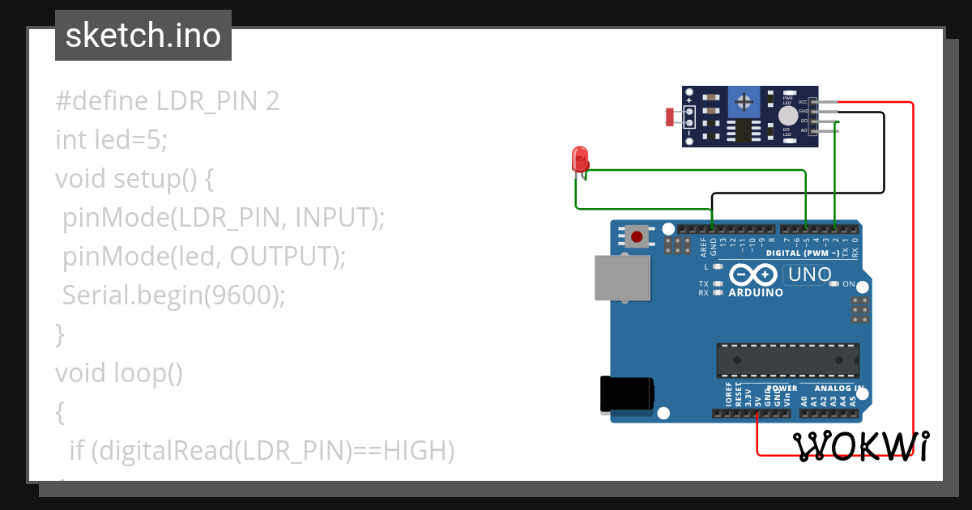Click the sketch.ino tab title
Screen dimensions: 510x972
tap(143, 36)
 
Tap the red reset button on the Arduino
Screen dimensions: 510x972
tap(637, 237)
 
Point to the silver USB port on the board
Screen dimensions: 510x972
tap(623, 279)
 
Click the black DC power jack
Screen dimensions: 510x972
tap(626, 394)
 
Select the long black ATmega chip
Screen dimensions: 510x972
tap(787, 360)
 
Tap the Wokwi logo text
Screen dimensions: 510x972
tap(859, 445)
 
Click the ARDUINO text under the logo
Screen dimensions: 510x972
tap(755, 292)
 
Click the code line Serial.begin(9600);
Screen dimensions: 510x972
tap(174, 295)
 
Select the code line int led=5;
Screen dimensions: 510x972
tap(111, 140)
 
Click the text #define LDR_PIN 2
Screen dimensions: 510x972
tap(167, 101)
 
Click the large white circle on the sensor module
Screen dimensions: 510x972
tap(787, 116)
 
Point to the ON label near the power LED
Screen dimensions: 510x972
tap(849, 284)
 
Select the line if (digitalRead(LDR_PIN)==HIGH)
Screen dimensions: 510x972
tap(262, 450)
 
